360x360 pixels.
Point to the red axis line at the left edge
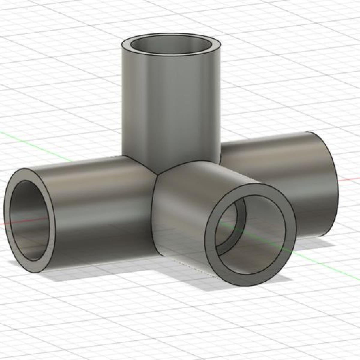tap(2, 223)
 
